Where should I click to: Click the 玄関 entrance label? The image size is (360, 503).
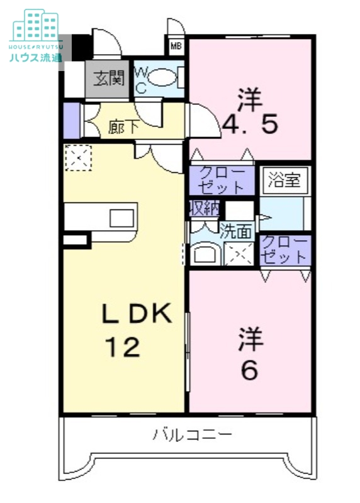109,79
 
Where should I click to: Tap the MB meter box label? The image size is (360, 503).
176,46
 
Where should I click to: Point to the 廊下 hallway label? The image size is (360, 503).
123,127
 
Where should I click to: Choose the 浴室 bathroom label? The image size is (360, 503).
283,181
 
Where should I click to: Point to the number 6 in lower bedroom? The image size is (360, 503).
250,371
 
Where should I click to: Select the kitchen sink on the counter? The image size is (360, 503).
120,218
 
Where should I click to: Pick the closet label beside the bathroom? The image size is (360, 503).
284,250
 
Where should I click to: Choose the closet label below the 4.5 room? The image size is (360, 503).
222,180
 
